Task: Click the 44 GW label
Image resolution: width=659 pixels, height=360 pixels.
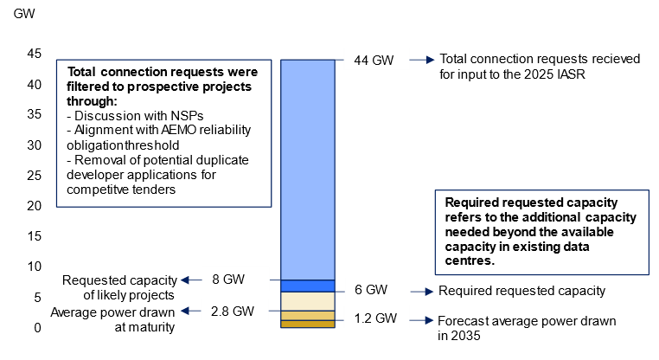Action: (376, 60)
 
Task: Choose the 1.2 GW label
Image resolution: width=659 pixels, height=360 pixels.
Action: (376, 318)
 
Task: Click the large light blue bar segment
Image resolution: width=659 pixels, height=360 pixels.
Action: (308, 169)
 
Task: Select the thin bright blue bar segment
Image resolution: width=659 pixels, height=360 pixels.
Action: (308, 286)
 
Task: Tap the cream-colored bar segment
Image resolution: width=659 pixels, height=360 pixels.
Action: (308, 301)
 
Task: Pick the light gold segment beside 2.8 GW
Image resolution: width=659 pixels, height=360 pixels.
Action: (308, 316)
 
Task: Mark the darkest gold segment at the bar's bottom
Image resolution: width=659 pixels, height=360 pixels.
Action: (308, 324)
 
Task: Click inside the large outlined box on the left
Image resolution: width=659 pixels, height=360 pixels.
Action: (163, 132)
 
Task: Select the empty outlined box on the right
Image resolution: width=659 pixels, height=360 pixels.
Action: (541, 232)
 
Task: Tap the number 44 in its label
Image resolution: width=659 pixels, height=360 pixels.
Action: (361, 60)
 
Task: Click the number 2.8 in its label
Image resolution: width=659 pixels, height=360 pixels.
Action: (221, 312)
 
